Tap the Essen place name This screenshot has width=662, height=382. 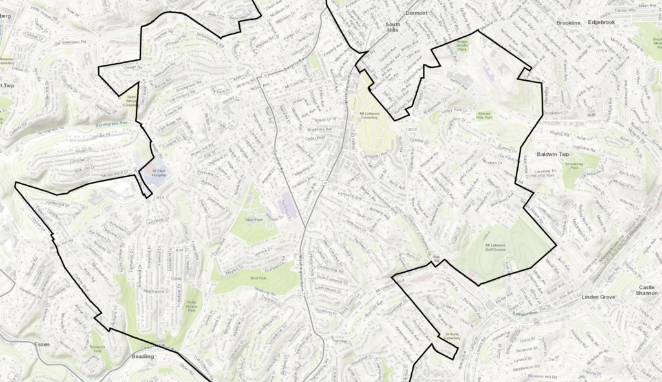[x=43, y=345]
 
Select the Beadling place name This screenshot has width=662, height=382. [x=143, y=356]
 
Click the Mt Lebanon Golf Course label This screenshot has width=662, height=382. [x=498, y=248]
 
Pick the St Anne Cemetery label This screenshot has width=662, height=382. [x=451, y=337]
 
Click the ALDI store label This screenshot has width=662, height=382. [x=590, y=115]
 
